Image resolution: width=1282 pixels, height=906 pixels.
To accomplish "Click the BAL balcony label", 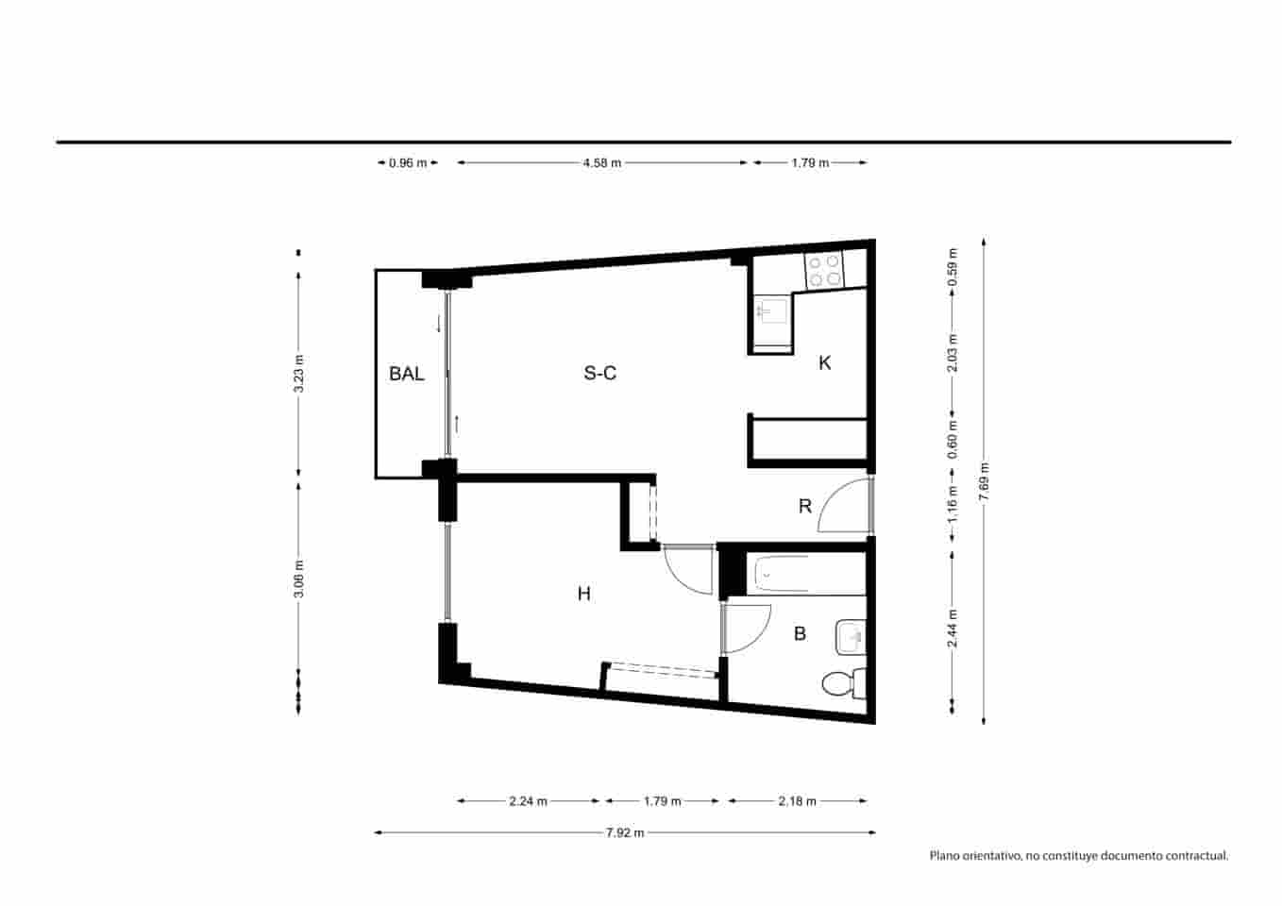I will (406, 374).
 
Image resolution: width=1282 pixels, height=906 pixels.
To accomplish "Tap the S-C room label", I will (599, 374).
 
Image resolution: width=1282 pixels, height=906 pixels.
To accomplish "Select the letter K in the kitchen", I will (825, 363).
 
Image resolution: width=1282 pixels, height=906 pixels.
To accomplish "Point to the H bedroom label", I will (584, 594).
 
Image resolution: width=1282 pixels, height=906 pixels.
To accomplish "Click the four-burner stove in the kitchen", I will (824, 271).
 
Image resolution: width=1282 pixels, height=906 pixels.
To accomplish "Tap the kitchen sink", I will (771, 310).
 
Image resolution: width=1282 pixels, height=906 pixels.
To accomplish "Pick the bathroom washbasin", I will (851, 637).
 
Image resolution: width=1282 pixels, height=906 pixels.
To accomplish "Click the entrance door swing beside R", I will (843, 506).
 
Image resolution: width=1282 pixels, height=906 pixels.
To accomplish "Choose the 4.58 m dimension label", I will (601, 163).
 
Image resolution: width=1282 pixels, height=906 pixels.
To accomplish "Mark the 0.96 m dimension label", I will (408, 163).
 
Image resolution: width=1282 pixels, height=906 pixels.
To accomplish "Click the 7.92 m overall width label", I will (625, 832).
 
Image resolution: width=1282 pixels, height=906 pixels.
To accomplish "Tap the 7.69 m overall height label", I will (984, 481).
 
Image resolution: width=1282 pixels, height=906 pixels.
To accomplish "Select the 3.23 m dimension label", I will (299, 373).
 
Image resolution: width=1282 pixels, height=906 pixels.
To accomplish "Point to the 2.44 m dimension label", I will (953, 629).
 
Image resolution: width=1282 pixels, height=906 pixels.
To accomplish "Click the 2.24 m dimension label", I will (528, 801).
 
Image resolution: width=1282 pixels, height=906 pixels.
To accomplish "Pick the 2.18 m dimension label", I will (797, 801).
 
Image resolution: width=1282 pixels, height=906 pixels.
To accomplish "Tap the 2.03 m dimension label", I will (953, 353).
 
